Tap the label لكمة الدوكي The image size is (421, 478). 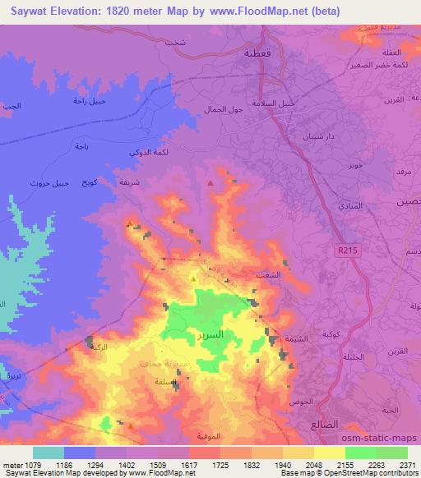click(148, 153)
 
